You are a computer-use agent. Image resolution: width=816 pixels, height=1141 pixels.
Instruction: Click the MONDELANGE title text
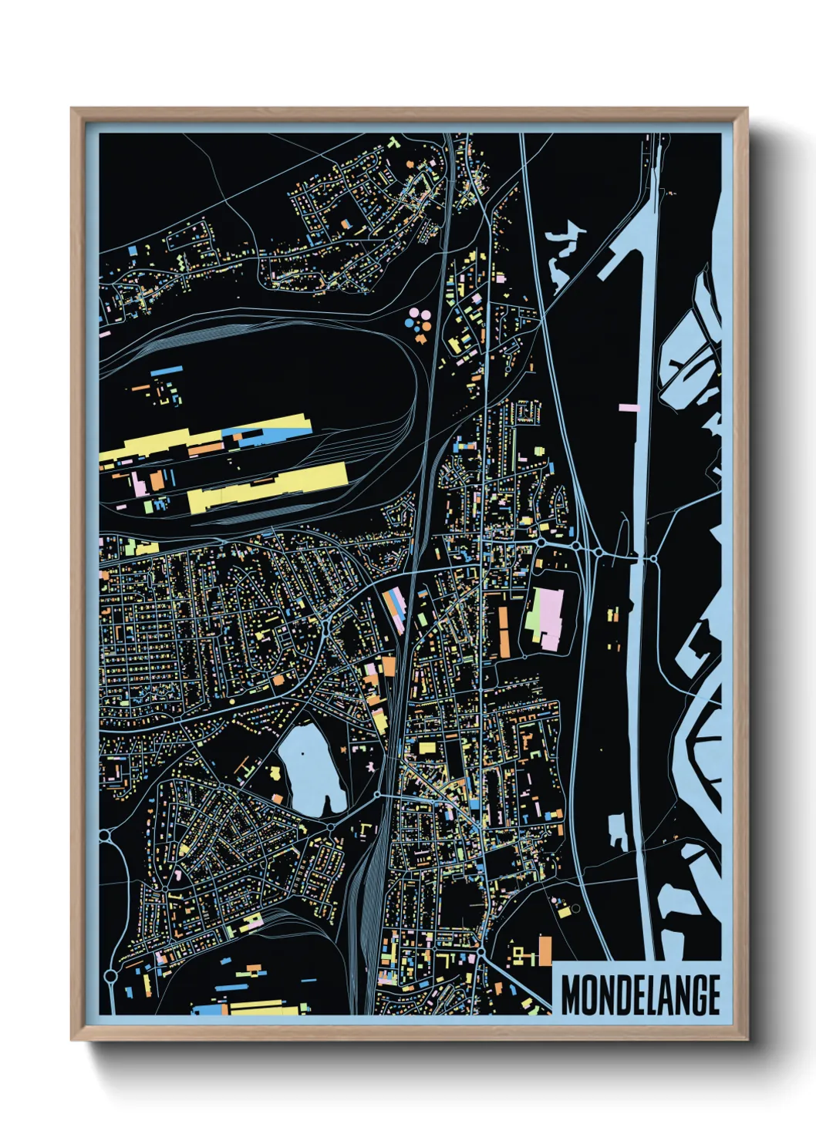coord(640,995)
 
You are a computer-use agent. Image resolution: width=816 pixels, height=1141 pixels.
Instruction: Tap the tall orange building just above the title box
coord(545,950)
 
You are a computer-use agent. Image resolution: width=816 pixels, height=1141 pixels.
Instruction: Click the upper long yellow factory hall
coord(262,433)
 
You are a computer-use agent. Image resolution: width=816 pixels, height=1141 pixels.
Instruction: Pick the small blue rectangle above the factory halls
coord(166,372)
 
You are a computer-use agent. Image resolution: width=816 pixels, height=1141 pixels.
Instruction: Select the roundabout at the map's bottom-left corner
coord(110,976)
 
